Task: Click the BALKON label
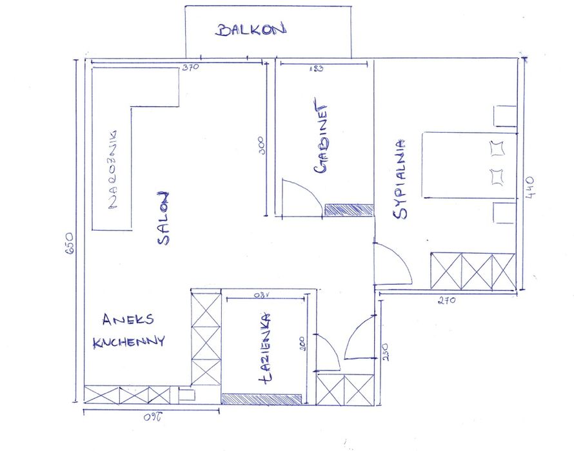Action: click(251, 30)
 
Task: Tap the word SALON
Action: click(163, 218)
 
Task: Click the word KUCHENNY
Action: click(129, 341)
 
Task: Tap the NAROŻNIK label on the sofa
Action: click(114, 169)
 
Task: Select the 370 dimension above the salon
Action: click(190, 67)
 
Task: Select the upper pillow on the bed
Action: click(497, 149)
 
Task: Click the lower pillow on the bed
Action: click(497, 176)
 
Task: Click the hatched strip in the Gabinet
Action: click(349, 210)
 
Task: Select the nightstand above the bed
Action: click(505, 116)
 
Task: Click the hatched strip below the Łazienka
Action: click(262, 399)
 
